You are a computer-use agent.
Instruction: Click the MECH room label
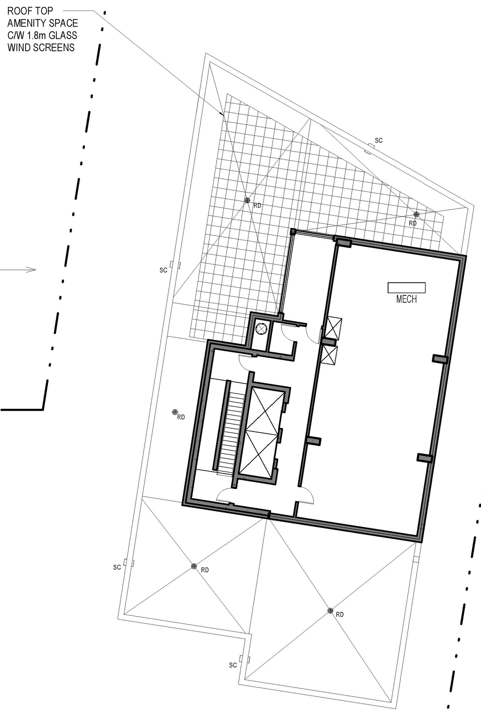click(406, 299)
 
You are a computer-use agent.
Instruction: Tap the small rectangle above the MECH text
click(407, 288)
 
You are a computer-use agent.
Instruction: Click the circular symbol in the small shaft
click(260, 328)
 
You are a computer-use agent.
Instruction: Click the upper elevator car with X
click(266, 411)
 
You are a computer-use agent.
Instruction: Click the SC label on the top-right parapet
click(378, 141)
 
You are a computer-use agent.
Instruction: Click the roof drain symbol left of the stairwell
click(175, 413)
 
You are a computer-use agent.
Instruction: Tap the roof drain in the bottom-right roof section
click(330, 611)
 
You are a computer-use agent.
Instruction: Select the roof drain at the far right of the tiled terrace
click(416, 214)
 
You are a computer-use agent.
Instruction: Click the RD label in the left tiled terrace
click(257, 206)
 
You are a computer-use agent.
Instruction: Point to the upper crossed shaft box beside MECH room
click(333, 329)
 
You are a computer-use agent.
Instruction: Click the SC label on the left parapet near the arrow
click(163, 270)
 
